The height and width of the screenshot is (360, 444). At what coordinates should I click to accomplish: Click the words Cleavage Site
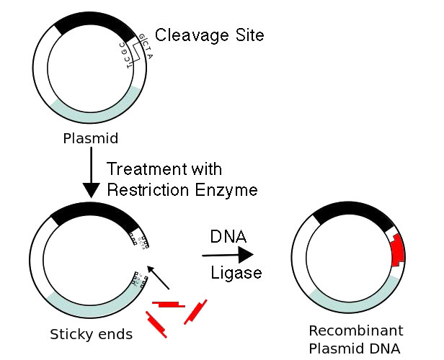tap(209, 34)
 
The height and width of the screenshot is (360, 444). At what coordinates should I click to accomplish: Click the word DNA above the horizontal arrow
tap(228, 236)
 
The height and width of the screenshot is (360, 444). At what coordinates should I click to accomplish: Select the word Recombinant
tap(355, 330)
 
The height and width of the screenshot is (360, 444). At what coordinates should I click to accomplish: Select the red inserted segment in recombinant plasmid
tap(396, 252)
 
